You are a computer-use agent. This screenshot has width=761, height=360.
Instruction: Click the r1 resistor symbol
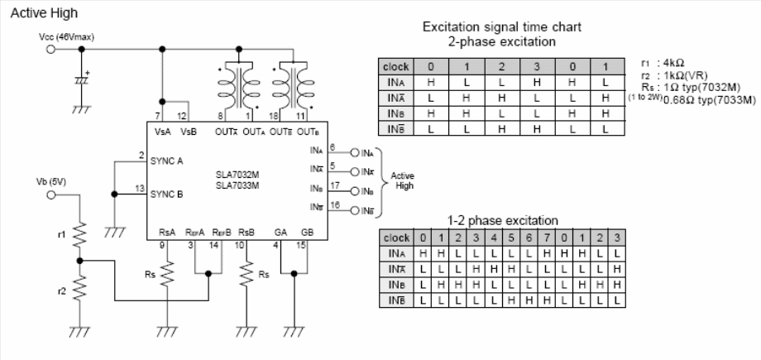[80, 236]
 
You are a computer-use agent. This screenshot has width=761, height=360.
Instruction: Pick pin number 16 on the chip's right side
[335, 204]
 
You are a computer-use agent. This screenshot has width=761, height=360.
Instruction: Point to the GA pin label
[281, 233]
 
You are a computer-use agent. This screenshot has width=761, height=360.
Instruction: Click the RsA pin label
[166, 233]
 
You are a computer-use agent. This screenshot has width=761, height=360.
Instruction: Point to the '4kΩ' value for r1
[675, 62]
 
